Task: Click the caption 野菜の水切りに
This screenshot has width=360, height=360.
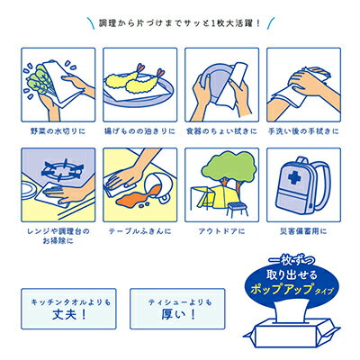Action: (x=58, y=131)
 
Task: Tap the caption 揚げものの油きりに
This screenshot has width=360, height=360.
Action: (x=139, y=131)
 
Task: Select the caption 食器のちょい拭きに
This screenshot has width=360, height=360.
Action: (x=221, y=131)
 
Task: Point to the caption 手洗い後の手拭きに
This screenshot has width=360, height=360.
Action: (x=303, y=131)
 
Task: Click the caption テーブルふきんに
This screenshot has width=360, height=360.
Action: (x=139, y=231)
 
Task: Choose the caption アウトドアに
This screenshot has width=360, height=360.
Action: (x=221, y=231)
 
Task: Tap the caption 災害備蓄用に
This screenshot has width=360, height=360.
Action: (x=303, y=231)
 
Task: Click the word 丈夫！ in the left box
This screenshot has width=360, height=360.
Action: (x=69, y=315)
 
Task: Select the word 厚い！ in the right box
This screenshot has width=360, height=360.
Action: (x=178, y=315)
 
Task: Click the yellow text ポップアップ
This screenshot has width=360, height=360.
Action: (x=283, y=290)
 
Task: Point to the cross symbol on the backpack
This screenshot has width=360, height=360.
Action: (x=294, y=178)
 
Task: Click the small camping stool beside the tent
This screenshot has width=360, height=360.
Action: (x=238, y=209)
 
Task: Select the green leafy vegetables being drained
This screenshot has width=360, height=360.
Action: (x=39, y=79)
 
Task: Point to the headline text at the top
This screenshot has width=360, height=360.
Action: (x=179, y=22)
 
